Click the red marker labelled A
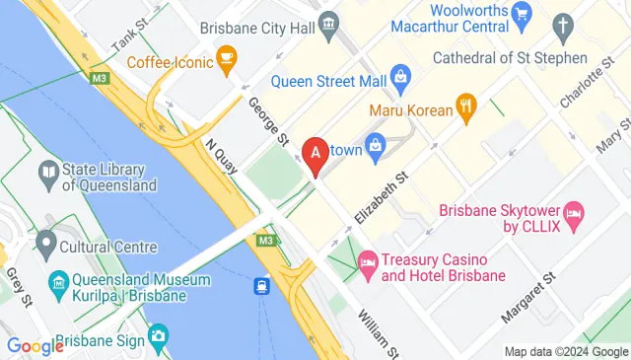(x=315, y=155)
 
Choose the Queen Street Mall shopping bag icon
(x=400, y=73)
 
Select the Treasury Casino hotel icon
(x=368, y=260)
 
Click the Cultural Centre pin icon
(x=44, y=243)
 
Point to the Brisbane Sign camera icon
(x=158, y=337)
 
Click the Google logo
(x=35, y=345)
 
